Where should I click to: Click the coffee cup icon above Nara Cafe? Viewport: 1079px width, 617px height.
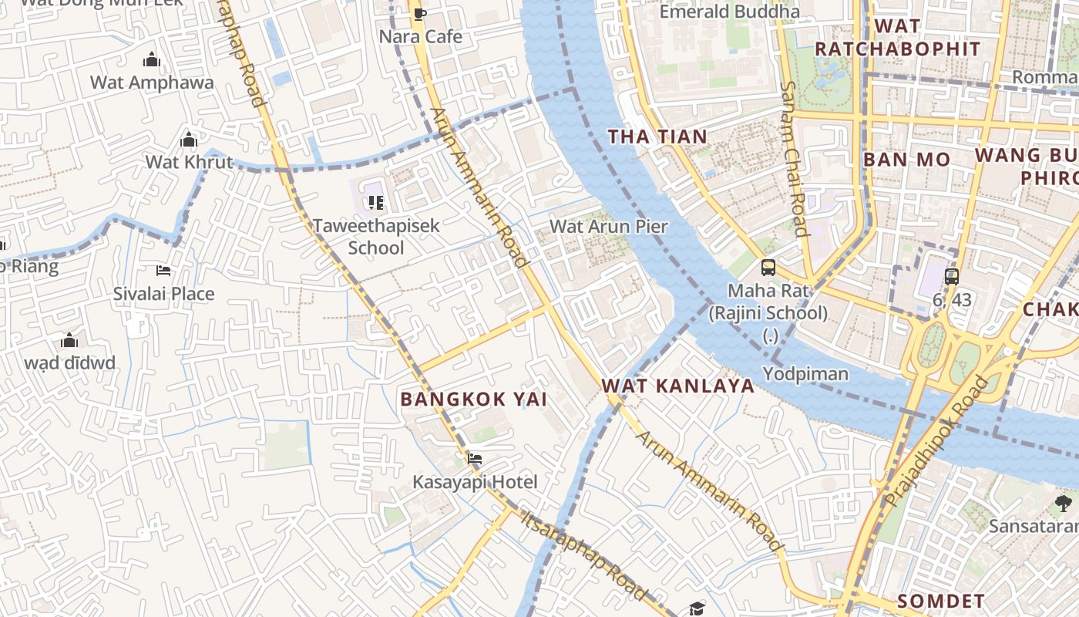(x=419, y=14)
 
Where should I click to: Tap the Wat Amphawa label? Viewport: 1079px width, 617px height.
(x=152, y=83)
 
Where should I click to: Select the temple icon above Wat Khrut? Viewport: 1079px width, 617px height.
(x=189, y=140)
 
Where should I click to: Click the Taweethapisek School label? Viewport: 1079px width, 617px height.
(x=376, y=236)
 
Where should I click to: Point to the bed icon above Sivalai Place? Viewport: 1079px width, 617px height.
(x=163, y=271)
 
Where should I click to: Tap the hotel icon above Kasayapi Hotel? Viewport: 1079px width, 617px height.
(x=475, y=459)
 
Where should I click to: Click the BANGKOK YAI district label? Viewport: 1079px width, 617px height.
(x=474, y=399)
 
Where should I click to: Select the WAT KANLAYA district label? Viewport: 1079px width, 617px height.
(x=677, y=386)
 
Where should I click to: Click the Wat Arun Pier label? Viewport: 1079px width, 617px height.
(x=608, y=227)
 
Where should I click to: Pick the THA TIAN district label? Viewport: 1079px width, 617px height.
(x=657, y=137)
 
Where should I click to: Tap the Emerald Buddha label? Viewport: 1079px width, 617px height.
(x=729, y=12)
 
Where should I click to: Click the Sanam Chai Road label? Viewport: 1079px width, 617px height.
(x=793, y=159)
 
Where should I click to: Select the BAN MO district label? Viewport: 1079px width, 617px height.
(x=906, y=160)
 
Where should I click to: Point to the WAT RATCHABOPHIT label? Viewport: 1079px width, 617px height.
(x=897, y=37)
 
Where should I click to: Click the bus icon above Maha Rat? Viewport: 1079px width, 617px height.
(x=768, y=268)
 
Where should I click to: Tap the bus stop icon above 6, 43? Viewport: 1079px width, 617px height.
(x=952, y=277)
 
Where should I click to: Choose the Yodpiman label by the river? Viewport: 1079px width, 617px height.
(x=805, y=374)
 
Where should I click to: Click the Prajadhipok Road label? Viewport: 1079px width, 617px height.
(x=936, y=440)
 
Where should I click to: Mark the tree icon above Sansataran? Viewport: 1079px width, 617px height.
(x=1063, y=504)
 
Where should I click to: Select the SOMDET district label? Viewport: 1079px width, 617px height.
(x=941, y=601)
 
